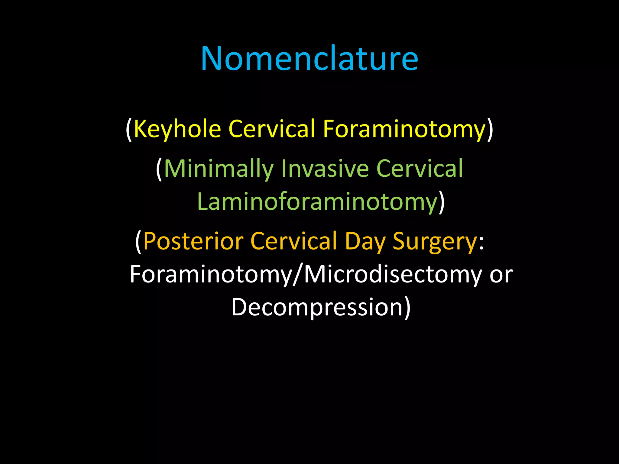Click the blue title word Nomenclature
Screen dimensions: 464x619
tap(309, 59)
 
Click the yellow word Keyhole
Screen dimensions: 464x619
tap(177, 129)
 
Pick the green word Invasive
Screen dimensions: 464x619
tap(325, 169)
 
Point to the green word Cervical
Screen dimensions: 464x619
tap(420, 169)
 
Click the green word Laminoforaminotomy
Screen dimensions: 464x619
tap(317, 202)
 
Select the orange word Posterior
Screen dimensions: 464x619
tap(193, 241)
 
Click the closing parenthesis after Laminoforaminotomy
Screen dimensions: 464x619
tap(442, 202)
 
